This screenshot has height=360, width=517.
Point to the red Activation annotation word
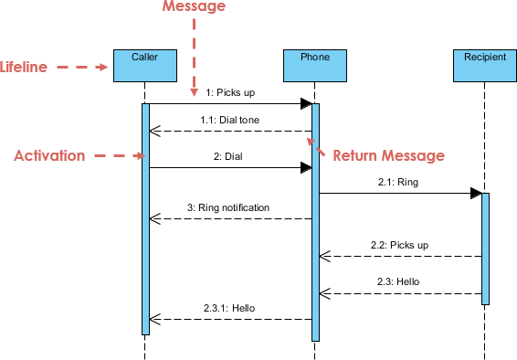click(x=48, y=156)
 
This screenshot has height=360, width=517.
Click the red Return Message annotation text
click(x=388, y=156)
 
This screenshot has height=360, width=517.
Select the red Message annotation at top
click(x=193, y=6)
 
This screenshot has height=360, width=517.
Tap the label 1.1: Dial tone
click(x=225, y=120)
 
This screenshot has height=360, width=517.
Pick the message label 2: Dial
click(x=228, y=156)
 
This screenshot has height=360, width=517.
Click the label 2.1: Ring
click(x=398, y=182)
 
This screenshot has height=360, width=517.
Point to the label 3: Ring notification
click(x=228, y=207)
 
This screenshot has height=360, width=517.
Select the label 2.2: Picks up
click(x=400, y=245)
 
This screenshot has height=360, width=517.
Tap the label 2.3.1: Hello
click(x=228, y=308)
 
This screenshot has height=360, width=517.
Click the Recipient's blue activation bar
click(x=485, y=247)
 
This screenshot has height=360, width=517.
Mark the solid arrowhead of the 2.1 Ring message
click(x=476, y=193)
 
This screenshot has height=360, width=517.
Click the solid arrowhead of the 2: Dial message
click(x=305, y=167)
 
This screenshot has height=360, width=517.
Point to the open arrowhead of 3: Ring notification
click(x=154, y=218)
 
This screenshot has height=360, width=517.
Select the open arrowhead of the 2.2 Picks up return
click(x=324, y=256)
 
